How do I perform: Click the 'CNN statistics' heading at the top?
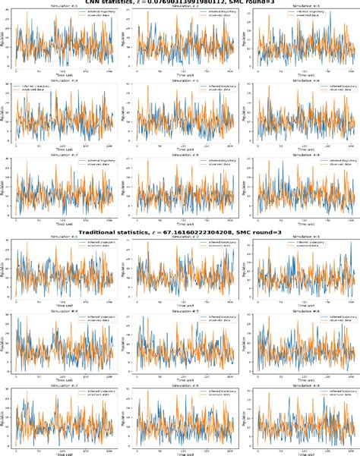click(180, 3)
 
